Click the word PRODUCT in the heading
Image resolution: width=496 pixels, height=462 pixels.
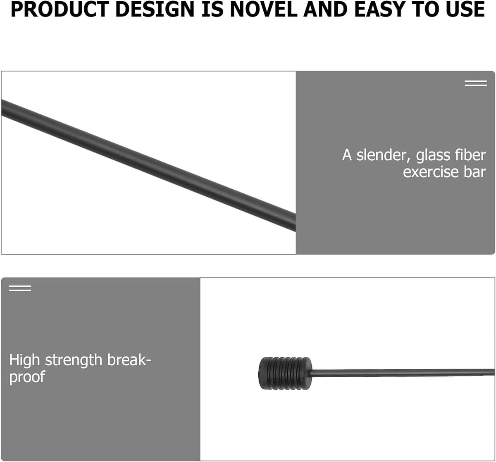point(61,9)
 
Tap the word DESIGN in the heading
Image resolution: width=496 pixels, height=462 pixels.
point(155,9)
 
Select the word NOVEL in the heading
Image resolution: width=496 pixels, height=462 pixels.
point(263,9)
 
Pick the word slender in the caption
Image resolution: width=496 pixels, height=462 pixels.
point(384,155)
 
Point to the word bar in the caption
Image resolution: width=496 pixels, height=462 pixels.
point(475,172)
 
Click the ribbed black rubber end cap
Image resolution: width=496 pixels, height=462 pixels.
point(285,373)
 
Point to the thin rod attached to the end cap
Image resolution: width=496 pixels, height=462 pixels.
point(402,373)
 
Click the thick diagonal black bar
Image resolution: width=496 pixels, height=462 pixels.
point(149,165)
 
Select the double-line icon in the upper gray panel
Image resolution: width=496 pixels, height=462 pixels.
point(476,83)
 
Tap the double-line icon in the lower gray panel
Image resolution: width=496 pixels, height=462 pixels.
point(20,288)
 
